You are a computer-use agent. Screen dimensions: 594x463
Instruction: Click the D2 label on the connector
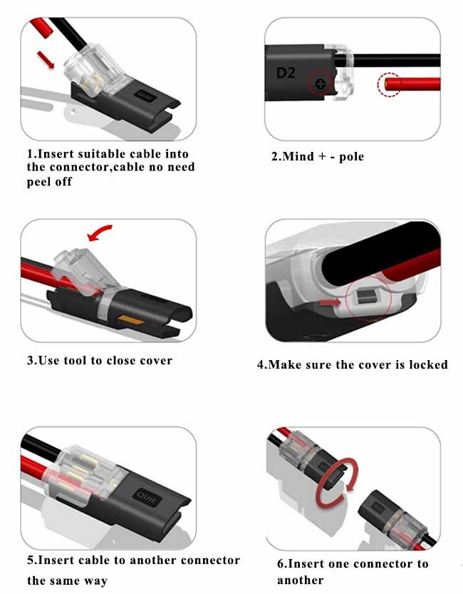click(x=285, y=73)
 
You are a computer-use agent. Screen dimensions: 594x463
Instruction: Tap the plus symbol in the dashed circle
click(x=320, y=84)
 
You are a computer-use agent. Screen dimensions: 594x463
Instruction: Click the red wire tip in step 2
click(x=388, y=84)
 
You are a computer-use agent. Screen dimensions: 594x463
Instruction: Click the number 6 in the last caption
click(x=281, y=564)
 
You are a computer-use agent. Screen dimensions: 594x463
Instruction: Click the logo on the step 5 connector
click(x=148, y=495)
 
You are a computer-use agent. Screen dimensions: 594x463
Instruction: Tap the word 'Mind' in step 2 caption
click(x=299, y=156)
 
